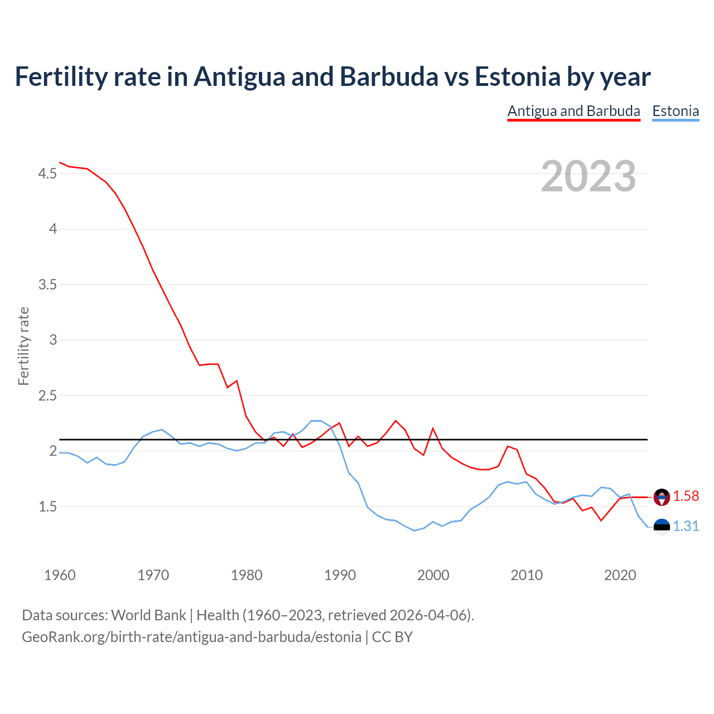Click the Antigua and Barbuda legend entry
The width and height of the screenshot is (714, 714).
click(573, 111)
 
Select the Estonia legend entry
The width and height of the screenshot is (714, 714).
click(676, 111)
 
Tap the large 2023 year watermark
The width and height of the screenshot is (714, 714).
click(588, 176)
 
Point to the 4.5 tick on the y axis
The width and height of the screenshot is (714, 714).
click(47, 174)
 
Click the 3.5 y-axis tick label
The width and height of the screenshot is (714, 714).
click(47, 285)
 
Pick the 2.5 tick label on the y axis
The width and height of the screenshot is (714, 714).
click(47, 396)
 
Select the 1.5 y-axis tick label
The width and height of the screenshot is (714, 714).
click(47, 507)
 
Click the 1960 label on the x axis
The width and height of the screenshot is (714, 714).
click(60, 575)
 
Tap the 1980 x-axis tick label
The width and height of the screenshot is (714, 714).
click(247, 575)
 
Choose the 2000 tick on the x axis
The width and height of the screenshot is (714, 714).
click(433, 575)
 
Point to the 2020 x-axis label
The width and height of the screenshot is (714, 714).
click(620, 575)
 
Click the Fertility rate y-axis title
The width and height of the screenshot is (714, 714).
click(23, 346)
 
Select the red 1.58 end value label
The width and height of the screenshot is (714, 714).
click(686, 496)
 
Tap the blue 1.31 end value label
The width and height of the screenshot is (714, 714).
click(686, 527)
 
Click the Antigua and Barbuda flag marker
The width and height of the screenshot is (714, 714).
click(662, 497)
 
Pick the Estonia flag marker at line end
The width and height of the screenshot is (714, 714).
click(662, 527)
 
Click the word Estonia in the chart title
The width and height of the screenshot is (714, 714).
click(517, 76)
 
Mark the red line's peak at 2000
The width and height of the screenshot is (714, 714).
click(433, 428)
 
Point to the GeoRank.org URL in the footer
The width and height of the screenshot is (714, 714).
click(191, 637)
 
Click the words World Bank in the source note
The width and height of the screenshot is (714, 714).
click(148, 615)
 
